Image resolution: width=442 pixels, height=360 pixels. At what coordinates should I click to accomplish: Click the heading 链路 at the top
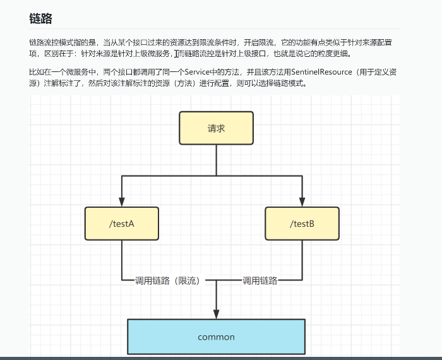tap(40, 19)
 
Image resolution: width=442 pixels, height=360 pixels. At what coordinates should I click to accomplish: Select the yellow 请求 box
tap(216, 128)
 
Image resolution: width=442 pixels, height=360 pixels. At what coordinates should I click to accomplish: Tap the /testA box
tap(122, 224)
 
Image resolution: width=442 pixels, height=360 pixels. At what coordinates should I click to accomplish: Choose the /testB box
tap(302, 224)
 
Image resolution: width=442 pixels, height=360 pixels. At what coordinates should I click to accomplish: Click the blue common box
tap(216, 337)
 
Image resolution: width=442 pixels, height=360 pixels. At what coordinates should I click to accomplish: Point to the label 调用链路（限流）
tap(167, 281)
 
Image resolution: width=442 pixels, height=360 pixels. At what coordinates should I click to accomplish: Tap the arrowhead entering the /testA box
tap(122, 201)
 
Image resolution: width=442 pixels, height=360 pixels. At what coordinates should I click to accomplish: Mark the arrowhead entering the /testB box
tap(302, 201)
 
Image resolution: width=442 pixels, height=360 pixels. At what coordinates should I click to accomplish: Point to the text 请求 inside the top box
tap(216, 128)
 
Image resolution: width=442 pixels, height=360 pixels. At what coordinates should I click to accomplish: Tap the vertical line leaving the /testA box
tap(122, 259)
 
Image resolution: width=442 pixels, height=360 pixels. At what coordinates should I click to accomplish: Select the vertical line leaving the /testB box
tap(302, 259)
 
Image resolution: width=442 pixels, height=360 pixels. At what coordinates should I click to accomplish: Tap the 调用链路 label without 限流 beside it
tap(260, 281)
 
